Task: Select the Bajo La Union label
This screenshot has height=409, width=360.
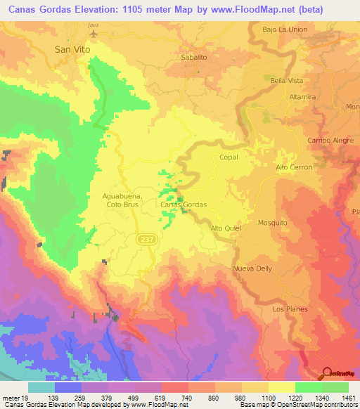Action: pyautogui.click(x=284, y=30)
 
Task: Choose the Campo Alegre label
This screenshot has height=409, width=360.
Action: pyautogui.click(x=329, y=141)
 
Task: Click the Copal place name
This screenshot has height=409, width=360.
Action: pyautogui.click(x=229, y=159)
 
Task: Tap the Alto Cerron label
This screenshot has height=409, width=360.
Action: pyautogui.click(x=292, y=167)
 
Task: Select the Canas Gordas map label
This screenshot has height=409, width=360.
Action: pyautogui.click(x=184, y=204)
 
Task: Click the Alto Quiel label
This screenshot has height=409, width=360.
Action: pyautogui.click(x=226, y=228)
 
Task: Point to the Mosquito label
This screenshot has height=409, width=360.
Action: pyautogui.click(x=272, y=223)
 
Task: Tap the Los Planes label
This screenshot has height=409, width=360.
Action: pyautogui.click(x=288, y=309)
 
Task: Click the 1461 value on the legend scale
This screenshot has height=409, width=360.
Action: pyautogui.click(x=348, y=398)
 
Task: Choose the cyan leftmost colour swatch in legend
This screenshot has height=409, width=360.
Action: pyautogui.click(x=41, y=387)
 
